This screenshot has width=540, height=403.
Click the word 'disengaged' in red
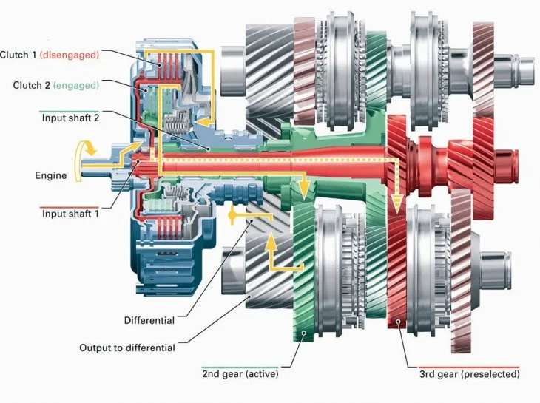click(x=70, y=55)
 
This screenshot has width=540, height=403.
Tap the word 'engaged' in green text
click(x=76, y=85)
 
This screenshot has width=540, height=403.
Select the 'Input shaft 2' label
click(x=70, y=118)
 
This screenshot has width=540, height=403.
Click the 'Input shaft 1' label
click(x=70, y=214)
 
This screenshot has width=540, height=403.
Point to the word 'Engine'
click(x=50, y=175)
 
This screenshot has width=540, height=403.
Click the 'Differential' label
click(x=149, y=320)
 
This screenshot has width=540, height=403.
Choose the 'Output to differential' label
click(x=127, y=348)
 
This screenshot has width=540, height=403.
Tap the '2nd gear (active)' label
click(x=240, y=373)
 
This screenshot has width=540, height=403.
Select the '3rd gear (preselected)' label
click(x=470, y=374)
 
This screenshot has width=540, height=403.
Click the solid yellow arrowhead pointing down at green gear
click(x=303, y=190)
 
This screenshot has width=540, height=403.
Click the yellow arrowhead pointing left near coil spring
click(x=203, y=121)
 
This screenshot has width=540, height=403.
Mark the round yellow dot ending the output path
click(x=232, y=215)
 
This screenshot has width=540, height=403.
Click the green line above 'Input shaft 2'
click(x=70, y=112)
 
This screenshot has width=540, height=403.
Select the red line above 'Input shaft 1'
click(x=70, y=208)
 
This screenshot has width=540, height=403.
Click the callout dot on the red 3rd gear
click(x=398, y=321)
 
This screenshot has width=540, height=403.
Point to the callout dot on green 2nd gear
click(x=303, y=333)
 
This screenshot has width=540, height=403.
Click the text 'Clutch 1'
click(x=18, y=55)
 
